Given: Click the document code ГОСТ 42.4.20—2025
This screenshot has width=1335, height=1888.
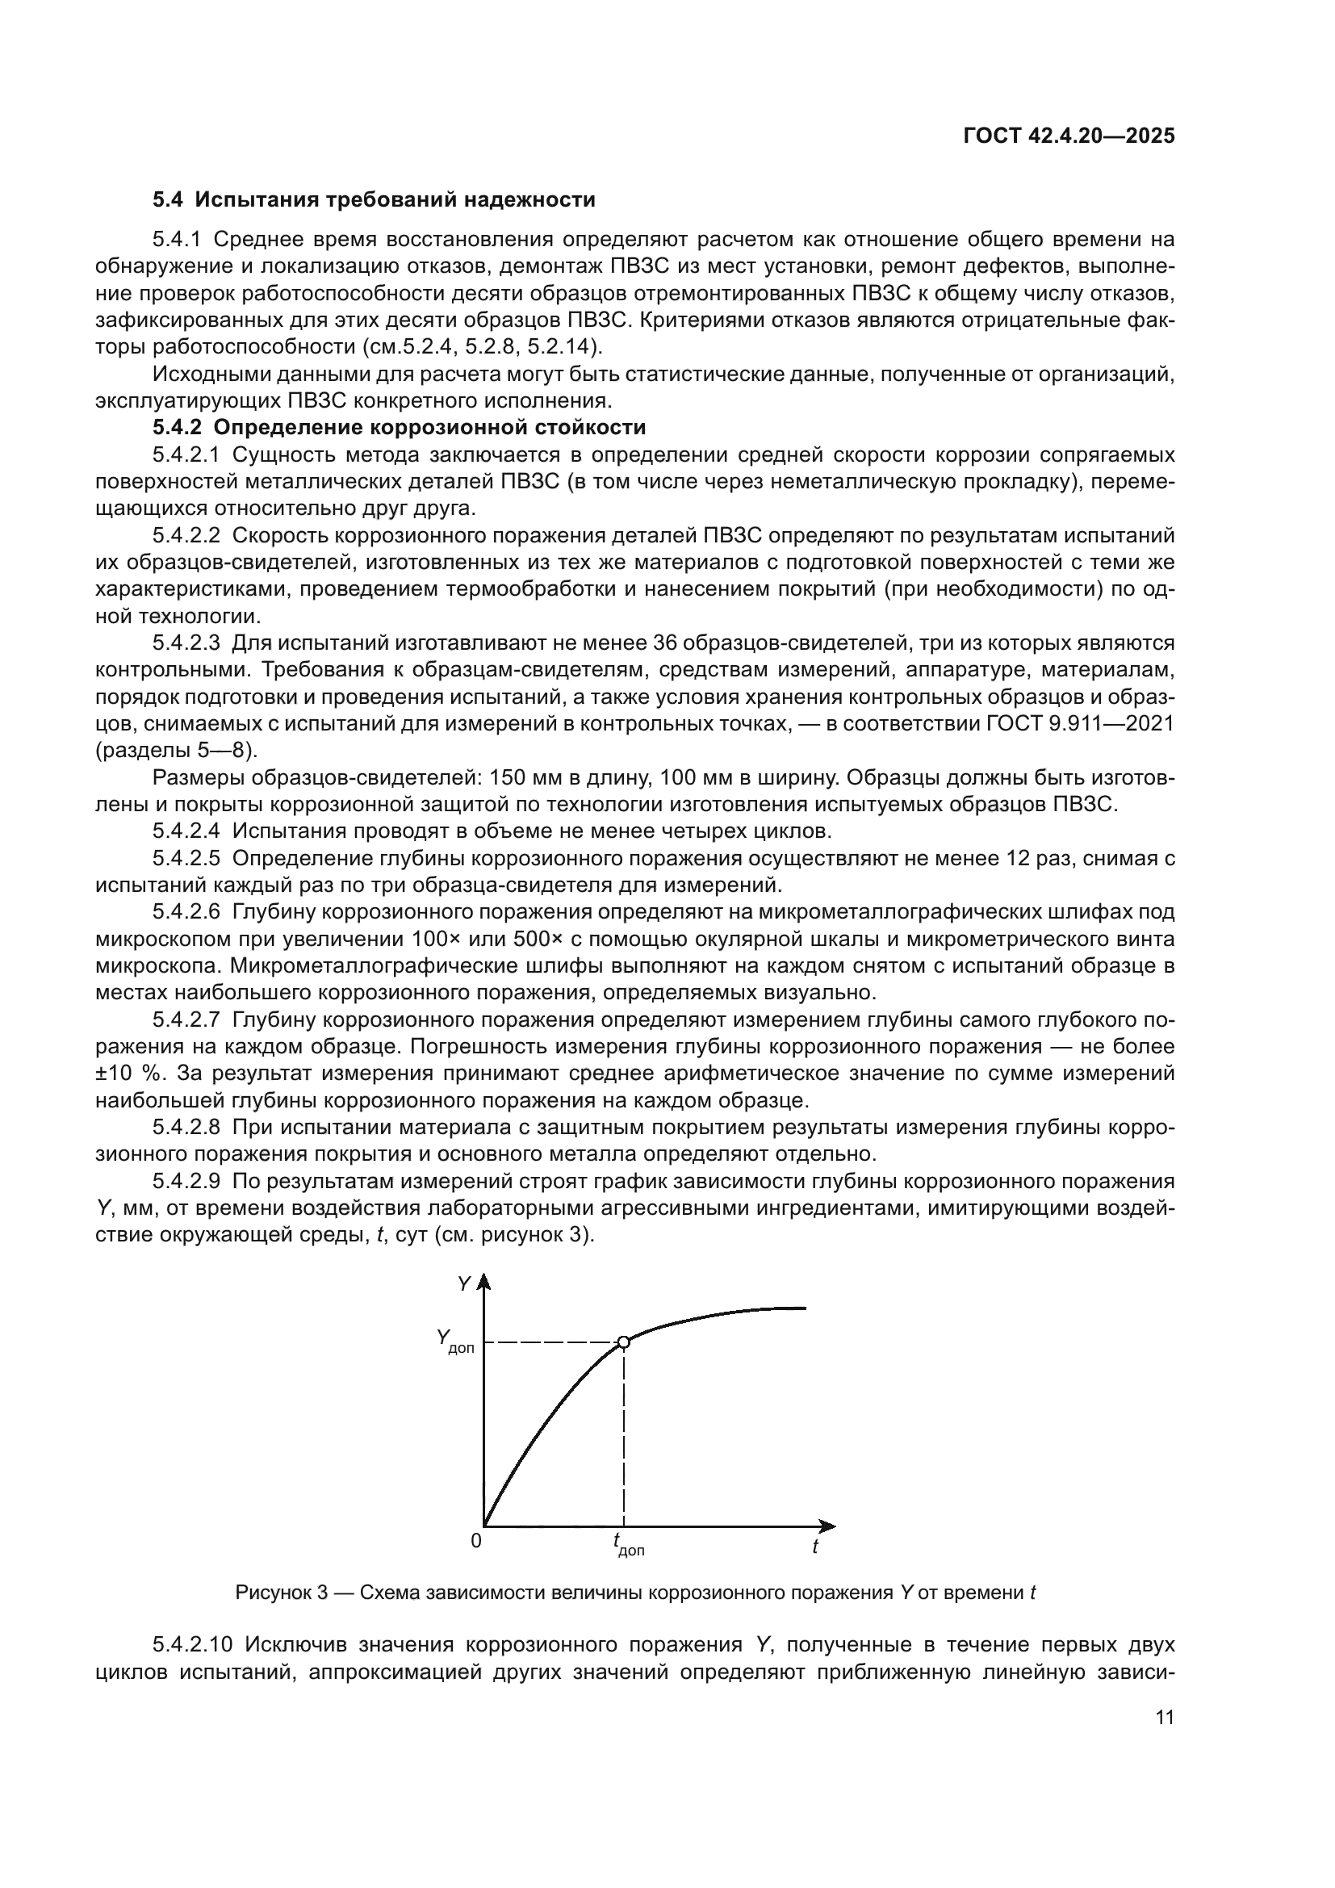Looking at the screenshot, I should [x=1069, y=136].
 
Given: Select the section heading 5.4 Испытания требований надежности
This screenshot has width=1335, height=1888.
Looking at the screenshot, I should [x=374, y=200].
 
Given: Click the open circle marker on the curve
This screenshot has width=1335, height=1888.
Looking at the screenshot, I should [x=623, y=1343].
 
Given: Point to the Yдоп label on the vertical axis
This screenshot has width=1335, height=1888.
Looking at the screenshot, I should [x=454, y=1342].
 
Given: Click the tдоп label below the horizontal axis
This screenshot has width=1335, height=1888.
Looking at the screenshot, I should [x=628, y=1545].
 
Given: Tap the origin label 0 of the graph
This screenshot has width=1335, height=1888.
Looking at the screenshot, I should [x=475, y=1541].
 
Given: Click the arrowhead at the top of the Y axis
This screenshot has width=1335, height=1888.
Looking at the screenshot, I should [x=484, y=1283].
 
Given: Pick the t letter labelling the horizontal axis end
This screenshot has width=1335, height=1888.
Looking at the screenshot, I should [x=814, y=1547].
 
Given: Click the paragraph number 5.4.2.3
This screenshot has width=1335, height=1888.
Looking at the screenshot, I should [x=186, y=643].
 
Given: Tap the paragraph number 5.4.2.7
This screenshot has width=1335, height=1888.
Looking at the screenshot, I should [x=186, y=1020].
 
